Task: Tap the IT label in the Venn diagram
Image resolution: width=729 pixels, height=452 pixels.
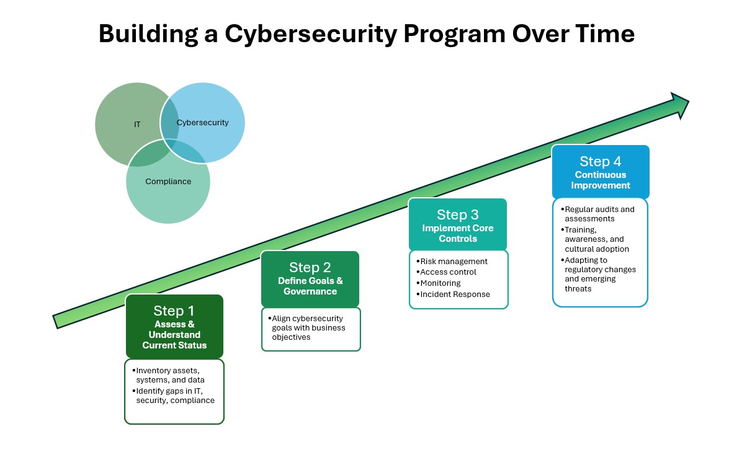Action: pyautogui.click(x=137, y=125)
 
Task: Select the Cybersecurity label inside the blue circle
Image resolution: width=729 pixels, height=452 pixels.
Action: pyautogui.click(x=202, y=123)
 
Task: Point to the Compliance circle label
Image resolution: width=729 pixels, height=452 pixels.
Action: pyautogui.click(x=168, y=182)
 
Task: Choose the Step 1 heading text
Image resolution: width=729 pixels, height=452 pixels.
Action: pyautogui.click(x=174, y=311)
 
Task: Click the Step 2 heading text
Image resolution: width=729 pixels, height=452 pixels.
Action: pyautogui.click(x=310, y=267)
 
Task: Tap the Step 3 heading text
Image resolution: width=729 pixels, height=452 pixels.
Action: pyautogui.click(x=457, y=215)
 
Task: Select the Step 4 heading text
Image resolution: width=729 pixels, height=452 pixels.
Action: pyautogui.click(x=600, y=161)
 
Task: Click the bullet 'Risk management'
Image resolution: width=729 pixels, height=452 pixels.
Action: pyautogui.click(x=454, y=262)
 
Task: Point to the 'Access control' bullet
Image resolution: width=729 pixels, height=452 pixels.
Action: pyautogui.click(x=448, y=272)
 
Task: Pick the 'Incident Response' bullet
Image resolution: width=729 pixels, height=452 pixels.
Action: pyautogui.click(x=455, y=295)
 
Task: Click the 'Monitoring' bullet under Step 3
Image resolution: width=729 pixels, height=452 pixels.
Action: pyautogui.click(x=440, y=283)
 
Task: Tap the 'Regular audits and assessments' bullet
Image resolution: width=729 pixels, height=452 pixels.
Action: pyautogui.click(x=599, y=214)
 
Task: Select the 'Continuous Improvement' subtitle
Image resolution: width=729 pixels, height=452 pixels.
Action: pyautogui.click(x=600, y=180)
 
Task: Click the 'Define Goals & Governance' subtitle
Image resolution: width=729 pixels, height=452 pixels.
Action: pyautogui.click(x=310, y=286)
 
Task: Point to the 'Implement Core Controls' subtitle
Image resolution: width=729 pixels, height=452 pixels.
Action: pyautogui.click(x=457, y=233)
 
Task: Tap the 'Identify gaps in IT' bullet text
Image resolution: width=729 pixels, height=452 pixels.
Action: pyautogui.click(x=169, y=391)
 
